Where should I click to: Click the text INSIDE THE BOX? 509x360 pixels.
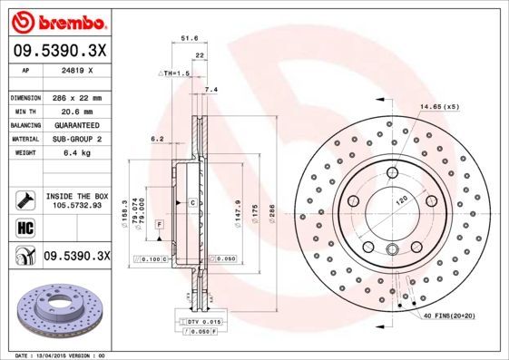(x=77, y=196)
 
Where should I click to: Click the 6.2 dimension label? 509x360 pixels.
(x=156, y=139)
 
